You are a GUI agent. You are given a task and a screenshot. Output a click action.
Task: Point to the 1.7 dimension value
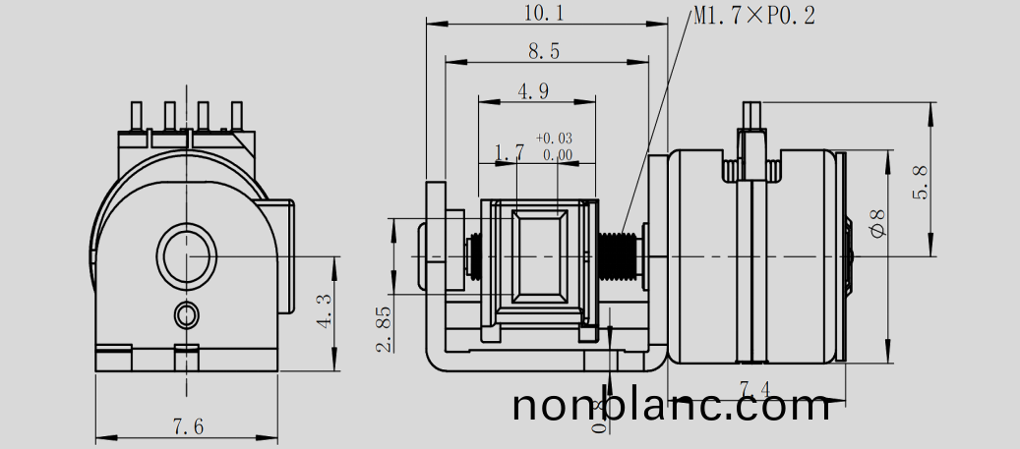click(509, 152)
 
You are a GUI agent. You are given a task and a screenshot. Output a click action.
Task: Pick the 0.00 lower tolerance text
click(557, 154)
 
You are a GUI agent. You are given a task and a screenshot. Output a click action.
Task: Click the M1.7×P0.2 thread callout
click(753, 16)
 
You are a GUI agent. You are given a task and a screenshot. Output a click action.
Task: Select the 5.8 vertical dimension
click(921, 182)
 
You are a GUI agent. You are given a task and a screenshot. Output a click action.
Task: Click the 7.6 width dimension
click(188, 426)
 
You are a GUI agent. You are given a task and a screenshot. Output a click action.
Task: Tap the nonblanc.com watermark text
click(671, 405)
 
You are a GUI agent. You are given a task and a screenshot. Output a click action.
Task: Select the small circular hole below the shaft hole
click(186, 314)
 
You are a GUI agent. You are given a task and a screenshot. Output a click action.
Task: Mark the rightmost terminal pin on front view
click(236, 116)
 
